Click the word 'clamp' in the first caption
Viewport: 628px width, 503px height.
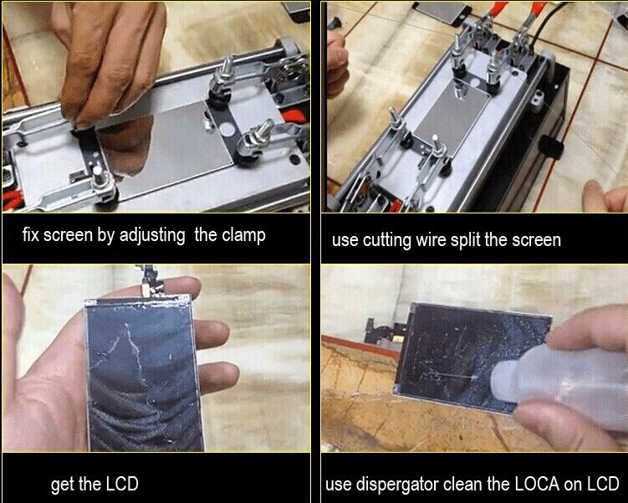(x=243, y=235)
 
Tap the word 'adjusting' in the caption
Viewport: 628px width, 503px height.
(x=151, y=235)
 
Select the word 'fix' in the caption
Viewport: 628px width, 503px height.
(x=32, y=235)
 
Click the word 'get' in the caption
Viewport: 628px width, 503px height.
(x=63, y=485)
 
